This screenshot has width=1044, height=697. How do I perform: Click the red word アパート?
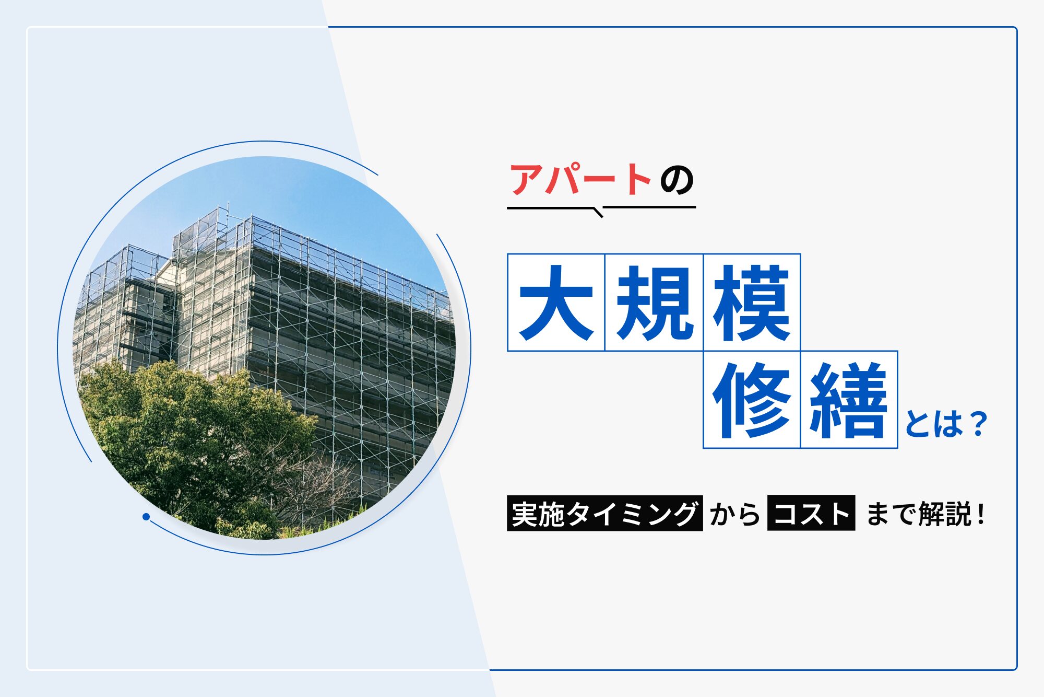coord(580,179)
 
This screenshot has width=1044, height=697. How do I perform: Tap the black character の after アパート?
coord(677,180)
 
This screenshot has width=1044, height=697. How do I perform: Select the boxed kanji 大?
coord(556,303)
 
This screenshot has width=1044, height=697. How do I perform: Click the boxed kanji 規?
coord(654,303)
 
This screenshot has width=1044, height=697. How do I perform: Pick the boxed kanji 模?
coord(752,303)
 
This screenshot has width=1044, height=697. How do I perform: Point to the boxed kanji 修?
coord(752,400)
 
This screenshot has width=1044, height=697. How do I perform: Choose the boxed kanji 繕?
coord(849,400)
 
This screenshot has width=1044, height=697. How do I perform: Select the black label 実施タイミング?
coord(604,513)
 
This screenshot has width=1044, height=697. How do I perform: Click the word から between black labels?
coord(735,514)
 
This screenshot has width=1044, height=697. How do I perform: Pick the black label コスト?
coord(811,513)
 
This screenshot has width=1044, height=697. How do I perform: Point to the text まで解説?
coord(919,514)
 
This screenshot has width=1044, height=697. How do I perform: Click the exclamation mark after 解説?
coord(981,514)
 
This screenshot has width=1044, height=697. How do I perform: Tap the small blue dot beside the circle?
coord(146,517)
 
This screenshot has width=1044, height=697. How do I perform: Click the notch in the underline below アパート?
coord(598,212)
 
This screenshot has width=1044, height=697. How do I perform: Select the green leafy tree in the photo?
coord(193,444)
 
